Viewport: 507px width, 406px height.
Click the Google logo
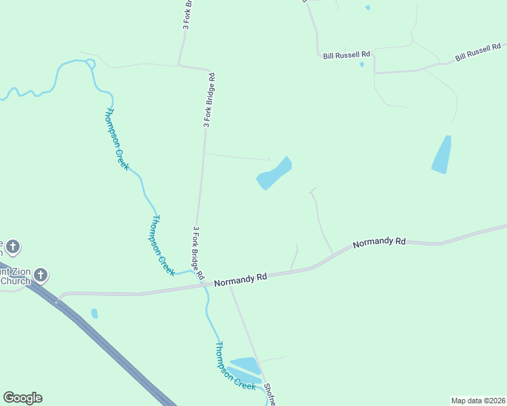tap(22, 398)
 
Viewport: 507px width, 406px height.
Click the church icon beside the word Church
tap(41, 275)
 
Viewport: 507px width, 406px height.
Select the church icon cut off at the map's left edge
tap(14, 246)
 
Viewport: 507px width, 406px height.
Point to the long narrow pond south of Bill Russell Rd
tap(442, 155)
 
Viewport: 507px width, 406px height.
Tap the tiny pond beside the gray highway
tap(94, 313)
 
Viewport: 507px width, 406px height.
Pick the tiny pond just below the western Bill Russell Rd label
tap(362, 65)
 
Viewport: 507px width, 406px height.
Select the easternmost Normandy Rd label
tap(380, 242)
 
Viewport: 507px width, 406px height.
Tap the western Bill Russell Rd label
tap(346, 54)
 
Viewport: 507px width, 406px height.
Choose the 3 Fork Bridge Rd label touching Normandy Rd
tap(198, 253)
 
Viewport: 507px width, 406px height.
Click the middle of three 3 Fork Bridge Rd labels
tap(209, 100)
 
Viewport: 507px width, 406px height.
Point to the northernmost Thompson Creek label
tap(117, 139)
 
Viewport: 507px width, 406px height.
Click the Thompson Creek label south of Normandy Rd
tap(235, 366)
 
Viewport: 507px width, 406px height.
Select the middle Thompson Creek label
tap(158, 243)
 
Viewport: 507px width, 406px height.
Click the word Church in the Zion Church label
tap(15, 281)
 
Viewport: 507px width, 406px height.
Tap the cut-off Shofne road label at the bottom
tap(270, 394)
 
